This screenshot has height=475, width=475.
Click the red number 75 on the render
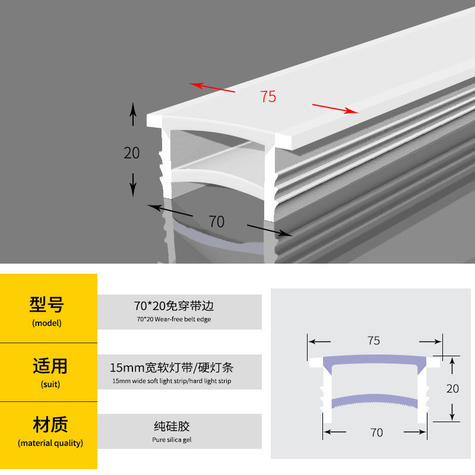(268, 96)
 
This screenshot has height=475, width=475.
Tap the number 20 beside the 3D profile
(132, 153)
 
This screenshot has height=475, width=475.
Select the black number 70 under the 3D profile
(217, 221)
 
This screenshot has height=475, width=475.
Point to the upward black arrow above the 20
(133, 113)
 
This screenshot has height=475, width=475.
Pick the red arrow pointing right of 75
(335, 109)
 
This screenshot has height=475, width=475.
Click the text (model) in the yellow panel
(47, 324)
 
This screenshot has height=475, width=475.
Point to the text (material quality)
(50, 443)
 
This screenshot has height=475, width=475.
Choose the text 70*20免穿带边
(173, 306)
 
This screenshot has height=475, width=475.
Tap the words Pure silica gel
(172, 440)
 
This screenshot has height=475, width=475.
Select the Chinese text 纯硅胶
(172, 426)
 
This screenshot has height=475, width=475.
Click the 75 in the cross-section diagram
(373, 341)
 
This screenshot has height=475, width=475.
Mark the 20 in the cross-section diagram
(452, 389)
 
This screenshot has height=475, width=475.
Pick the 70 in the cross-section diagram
(376, 433)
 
